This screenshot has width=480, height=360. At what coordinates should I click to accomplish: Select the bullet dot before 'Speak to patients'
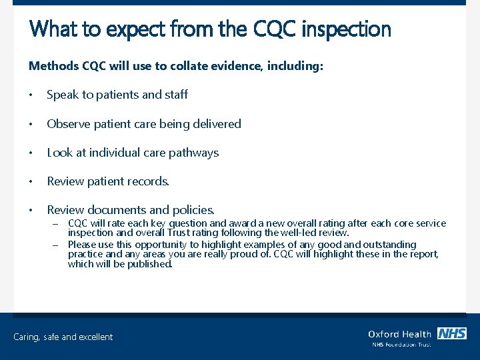tap(31, 95)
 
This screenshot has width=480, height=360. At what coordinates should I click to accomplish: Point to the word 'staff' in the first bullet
tap(177, 95)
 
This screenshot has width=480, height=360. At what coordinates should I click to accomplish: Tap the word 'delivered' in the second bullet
tap(216, 124)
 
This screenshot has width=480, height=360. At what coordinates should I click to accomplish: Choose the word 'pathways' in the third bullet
tap(194, 153)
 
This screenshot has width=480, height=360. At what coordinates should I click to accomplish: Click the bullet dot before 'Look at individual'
tap(31, 153)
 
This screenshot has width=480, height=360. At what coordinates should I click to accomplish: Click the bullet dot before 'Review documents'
tap(31, 210)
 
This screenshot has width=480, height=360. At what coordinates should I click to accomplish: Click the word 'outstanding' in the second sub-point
tap(389, 245)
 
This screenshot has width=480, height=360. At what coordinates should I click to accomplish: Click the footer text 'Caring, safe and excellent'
tap(63, 337)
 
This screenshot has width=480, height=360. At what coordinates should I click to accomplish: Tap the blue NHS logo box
tap(452, 333)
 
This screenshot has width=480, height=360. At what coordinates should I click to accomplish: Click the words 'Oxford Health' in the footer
tap(399, 334)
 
